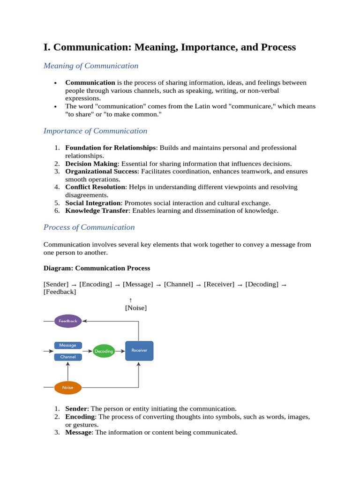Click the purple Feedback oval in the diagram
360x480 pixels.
(x=68, y=321)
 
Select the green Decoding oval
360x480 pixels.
(x=104, y=351)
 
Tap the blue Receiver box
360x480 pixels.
(x=139, y=351)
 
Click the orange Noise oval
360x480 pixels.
(x=68, y=388)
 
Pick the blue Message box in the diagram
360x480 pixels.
(x=68, y=345)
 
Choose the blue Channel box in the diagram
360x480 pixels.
(x=68, y=357)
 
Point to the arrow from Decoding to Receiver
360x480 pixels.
(x=120, y=351)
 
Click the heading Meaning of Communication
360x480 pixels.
(x=91, y=66)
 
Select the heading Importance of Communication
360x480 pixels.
(x=95, y=131)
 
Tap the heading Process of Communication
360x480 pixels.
(x=89, y=227)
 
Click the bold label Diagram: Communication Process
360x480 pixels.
(x=97, y=268)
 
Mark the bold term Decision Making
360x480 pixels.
(x=91, y=164)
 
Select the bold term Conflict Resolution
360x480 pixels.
(x=95, y=187)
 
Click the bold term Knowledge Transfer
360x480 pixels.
(x=97, y=210)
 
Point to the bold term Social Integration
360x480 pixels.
(x=93, y=203)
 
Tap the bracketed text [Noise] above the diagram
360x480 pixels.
(x=135, y=308)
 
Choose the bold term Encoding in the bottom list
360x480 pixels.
(x=80, y=417)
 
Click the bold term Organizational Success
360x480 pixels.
(x=101, y=172)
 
